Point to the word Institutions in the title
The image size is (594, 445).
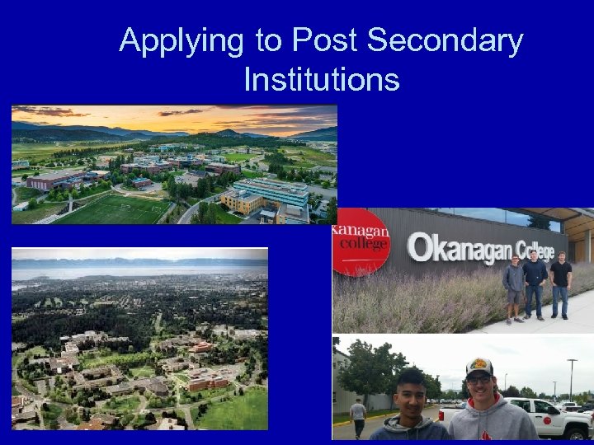[x=322, y=80]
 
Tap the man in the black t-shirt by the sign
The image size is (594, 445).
[x=561, y=284]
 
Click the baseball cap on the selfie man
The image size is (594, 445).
[x=478, y=367]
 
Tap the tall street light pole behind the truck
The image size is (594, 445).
[x=570, y=379]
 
